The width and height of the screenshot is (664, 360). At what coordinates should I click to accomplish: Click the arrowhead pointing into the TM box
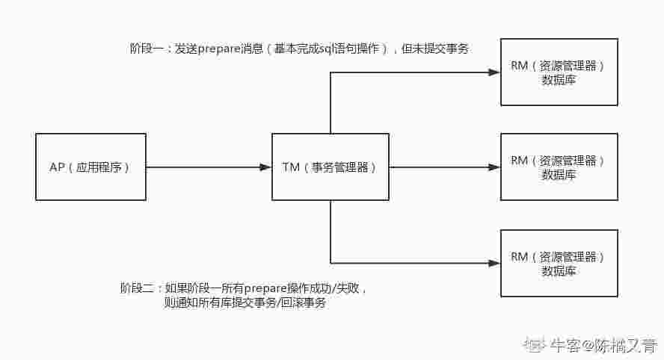pyautogui.click(x=265, y=167)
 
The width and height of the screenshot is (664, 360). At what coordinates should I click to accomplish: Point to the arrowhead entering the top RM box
pyautogui.click(x=494, y=72)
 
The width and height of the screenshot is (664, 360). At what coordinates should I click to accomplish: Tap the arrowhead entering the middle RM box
pyautogui.click(x=494, y=167)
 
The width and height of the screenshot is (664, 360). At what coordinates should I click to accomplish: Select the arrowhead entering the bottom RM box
pyautogui.click(x=494, y=263)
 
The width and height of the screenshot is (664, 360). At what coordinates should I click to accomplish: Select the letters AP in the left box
pyautogui.click(x=57, y=167)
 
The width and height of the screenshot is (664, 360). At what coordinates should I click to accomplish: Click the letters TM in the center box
pyautogui.click(x=291, y=167)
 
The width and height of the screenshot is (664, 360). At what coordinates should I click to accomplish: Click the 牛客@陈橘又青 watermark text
pyautogui.click(x=603, y=345)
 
